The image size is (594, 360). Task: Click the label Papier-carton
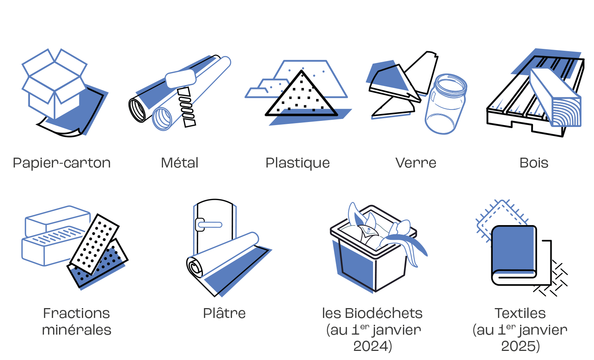[x=61, y=163]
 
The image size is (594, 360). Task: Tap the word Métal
[x=180, y=163]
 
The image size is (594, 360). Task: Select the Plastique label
[x=298, y=163]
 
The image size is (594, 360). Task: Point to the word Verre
[x=415, y=163]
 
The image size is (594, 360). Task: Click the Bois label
[x=534, y=163]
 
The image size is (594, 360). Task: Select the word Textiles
[x=520, y=313]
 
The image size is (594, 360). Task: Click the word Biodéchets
[x=384, y=313]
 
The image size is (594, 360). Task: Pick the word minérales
[x=77, y=330]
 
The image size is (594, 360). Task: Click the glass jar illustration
[x=445, y=104]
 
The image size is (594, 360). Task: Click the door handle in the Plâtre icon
[x=208, y=225]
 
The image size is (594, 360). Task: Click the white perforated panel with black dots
[x=94, y=244]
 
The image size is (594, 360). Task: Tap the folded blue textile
[x=514, y=255]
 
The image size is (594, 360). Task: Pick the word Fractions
[x=76, y=313]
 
